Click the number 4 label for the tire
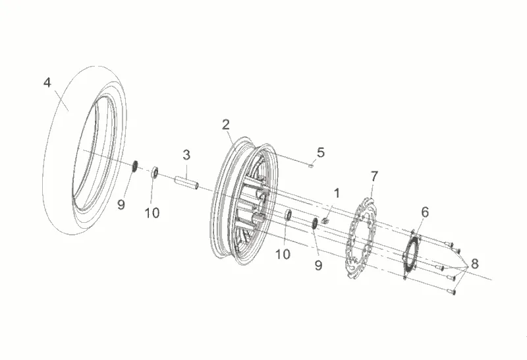tap(47, 82)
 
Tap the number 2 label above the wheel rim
tap(225, 123)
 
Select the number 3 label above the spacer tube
tap(186, 155)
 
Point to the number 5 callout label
tap(321, 152)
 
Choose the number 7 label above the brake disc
tap(374, 176)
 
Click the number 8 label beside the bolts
tap(474, 264)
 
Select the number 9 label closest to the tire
tap(121, 204)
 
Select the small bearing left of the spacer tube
tap(155, 171)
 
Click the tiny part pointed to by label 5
tap(310, 166)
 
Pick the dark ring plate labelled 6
tap(412, 254)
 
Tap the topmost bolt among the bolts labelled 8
tap(451, 244)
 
